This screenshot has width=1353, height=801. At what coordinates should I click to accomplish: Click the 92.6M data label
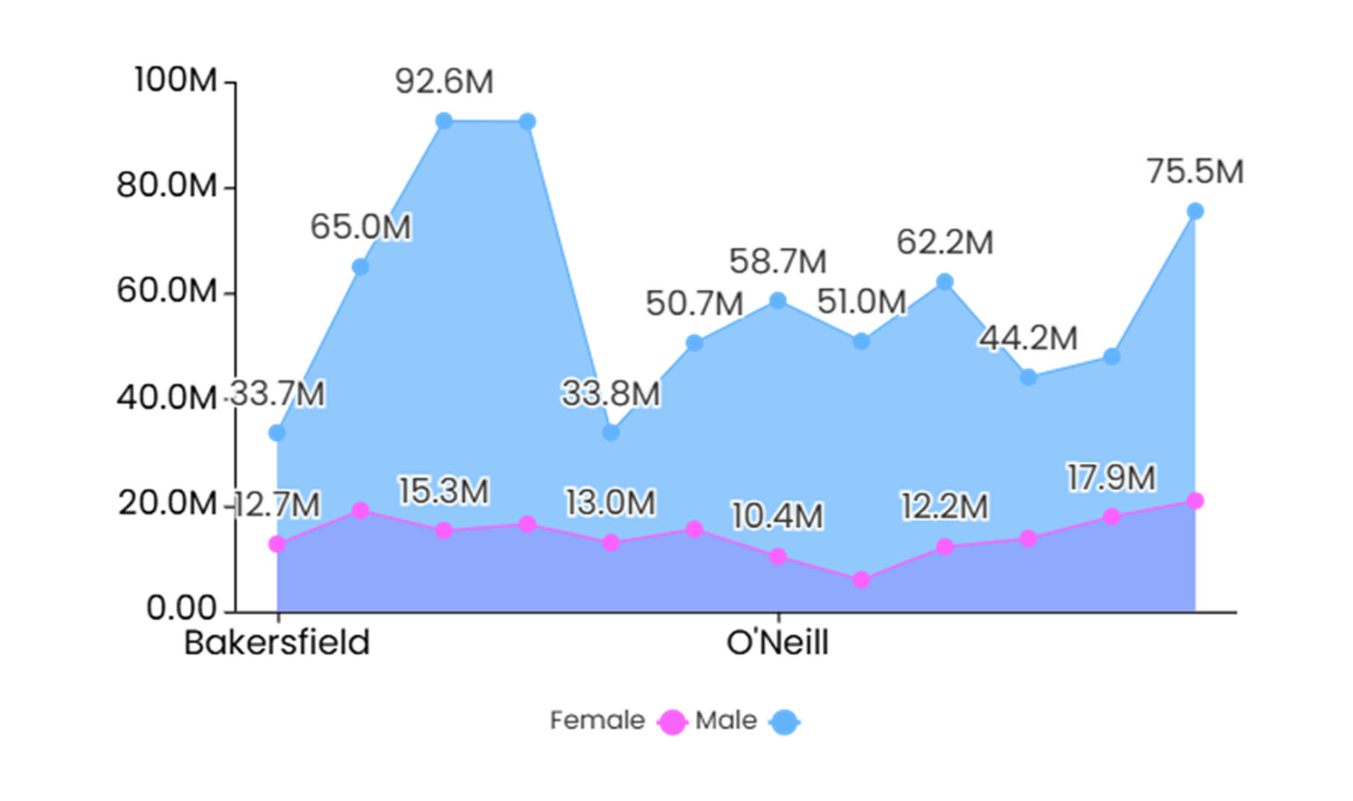[x=444, y=81]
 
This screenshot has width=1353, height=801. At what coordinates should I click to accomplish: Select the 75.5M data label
[x=1195, y=172]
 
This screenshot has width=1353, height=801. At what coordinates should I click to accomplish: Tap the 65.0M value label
[x=360, y=227]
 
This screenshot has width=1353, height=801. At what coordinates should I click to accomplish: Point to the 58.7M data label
[x=777, y=262]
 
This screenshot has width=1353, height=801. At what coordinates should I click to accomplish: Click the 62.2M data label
[x=945, y=243]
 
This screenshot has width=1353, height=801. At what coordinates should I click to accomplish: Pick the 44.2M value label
[x=1028, y=338]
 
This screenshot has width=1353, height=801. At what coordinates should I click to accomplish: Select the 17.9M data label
[x=1112, y=478]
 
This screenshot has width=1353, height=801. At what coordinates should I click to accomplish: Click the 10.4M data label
[x=777, y=516]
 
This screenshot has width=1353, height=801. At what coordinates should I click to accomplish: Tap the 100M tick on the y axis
[x=176, y=79]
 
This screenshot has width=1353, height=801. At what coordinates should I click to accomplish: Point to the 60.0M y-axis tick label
[x=167, y=291]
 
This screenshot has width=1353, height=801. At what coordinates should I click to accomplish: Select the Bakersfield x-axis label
[x=277, y=643]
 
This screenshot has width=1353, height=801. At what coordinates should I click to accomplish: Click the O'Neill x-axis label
[x=777, y=643]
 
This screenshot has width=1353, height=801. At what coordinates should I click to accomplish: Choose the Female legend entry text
[x=597, y=720]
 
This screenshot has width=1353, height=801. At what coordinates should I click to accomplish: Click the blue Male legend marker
[x=784, y=722]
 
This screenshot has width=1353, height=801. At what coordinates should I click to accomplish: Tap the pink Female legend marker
[x=672, y=722]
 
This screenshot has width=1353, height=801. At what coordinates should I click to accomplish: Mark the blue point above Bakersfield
[x=277, y=433]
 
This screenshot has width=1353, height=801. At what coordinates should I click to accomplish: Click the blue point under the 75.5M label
[x=1195, y=211]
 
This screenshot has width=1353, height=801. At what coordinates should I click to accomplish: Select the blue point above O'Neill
[x=778, y=300]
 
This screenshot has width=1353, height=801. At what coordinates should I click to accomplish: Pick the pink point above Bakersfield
[x=277, y=544]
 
